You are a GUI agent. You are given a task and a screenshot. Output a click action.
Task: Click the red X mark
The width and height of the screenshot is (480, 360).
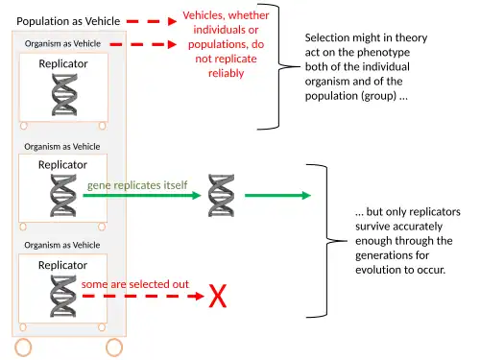[218, 296]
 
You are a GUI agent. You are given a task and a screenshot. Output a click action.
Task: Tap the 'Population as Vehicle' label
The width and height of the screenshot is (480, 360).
[68, 21]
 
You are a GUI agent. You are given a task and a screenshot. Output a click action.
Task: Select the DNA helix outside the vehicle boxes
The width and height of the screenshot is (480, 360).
[221, 196]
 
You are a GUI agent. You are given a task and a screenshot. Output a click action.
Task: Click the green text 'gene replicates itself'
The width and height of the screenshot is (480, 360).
[137, 185]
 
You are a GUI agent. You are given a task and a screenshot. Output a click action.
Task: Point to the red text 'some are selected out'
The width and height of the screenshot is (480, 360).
[135, 284]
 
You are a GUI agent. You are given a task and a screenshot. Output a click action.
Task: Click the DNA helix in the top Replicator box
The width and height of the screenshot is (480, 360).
[64, 95]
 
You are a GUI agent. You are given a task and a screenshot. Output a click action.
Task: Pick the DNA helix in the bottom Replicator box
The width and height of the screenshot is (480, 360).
[63, 297]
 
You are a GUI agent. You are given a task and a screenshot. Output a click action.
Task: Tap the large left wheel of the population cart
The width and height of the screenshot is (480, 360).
[23, 348]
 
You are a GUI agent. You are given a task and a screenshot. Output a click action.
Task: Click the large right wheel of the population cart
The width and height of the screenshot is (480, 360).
[114, 348]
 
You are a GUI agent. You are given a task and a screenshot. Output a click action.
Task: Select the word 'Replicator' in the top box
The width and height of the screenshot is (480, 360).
[63, 63]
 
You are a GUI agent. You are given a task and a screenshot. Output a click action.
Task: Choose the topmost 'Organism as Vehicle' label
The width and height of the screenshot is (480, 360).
[62, 43]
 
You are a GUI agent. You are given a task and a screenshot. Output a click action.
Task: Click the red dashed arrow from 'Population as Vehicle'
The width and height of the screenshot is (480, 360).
[152, 21]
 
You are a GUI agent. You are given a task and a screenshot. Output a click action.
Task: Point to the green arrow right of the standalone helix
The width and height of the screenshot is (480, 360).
[277, 195]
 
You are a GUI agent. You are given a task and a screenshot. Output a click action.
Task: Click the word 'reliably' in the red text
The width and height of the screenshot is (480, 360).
[227, 73]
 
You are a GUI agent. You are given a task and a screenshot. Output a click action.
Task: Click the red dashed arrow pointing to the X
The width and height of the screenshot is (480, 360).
[143, 296]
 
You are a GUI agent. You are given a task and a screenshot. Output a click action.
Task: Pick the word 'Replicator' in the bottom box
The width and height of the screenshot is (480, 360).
[62, 265]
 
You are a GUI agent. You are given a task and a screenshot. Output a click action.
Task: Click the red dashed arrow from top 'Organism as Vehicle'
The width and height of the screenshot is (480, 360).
[143, 44]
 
